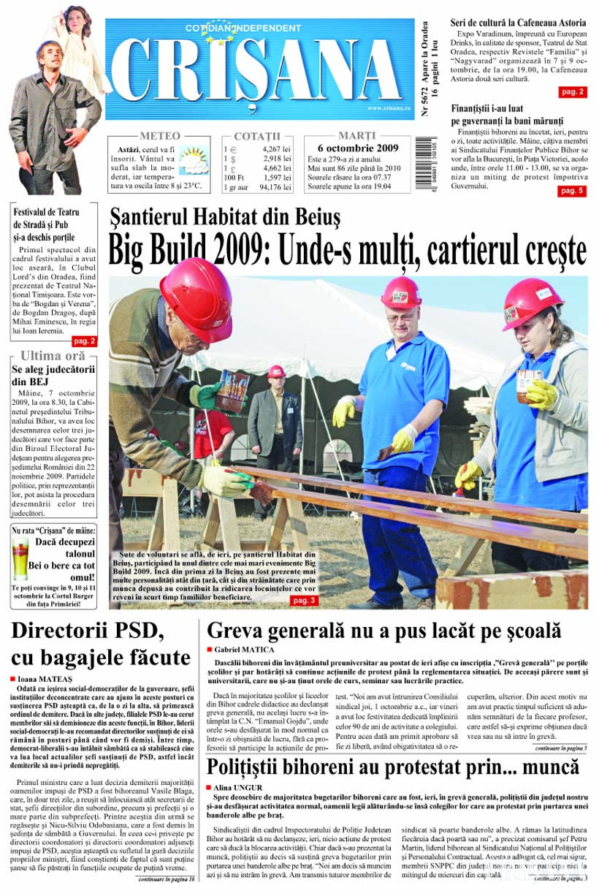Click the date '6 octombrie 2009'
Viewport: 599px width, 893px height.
coord(357,148)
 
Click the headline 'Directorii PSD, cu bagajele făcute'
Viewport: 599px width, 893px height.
coord(101,644)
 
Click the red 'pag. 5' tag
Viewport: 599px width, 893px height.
coord(571,191)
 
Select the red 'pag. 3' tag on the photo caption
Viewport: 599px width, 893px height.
coord(303,600)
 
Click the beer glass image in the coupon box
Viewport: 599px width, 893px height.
coord(20,557)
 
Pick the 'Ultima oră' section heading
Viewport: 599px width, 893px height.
coord(53,356)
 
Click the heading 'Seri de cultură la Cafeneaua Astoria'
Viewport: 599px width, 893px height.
coord(518,23)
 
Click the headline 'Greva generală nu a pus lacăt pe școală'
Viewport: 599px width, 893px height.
coord(384,631)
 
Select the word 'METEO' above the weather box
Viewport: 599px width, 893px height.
coord(159,136)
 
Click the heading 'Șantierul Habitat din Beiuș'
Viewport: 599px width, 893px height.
coord(225,216)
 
